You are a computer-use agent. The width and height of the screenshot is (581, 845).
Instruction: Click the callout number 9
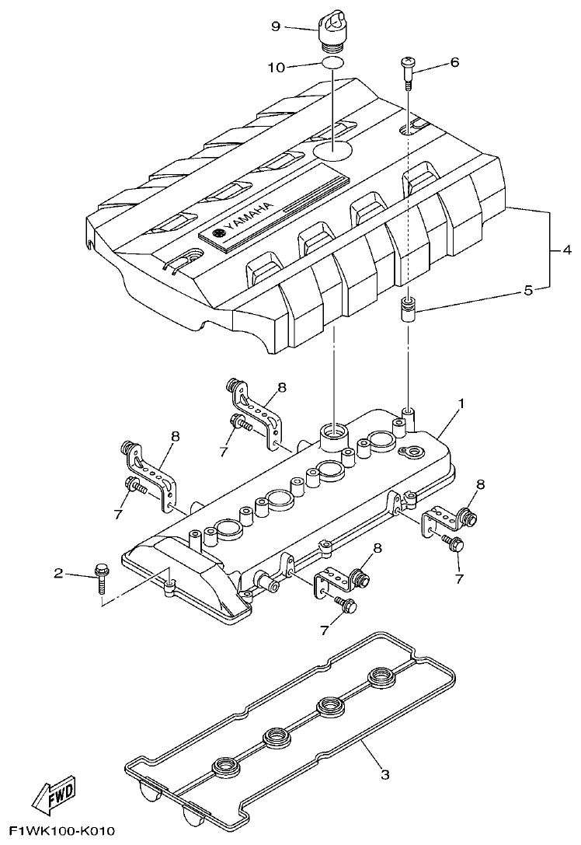coord(275,25)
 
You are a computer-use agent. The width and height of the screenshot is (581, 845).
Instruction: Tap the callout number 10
coord(277,67)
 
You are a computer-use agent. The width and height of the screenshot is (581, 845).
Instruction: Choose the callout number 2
coord(58,574)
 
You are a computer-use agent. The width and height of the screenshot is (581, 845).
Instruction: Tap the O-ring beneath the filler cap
coord(332,64)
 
